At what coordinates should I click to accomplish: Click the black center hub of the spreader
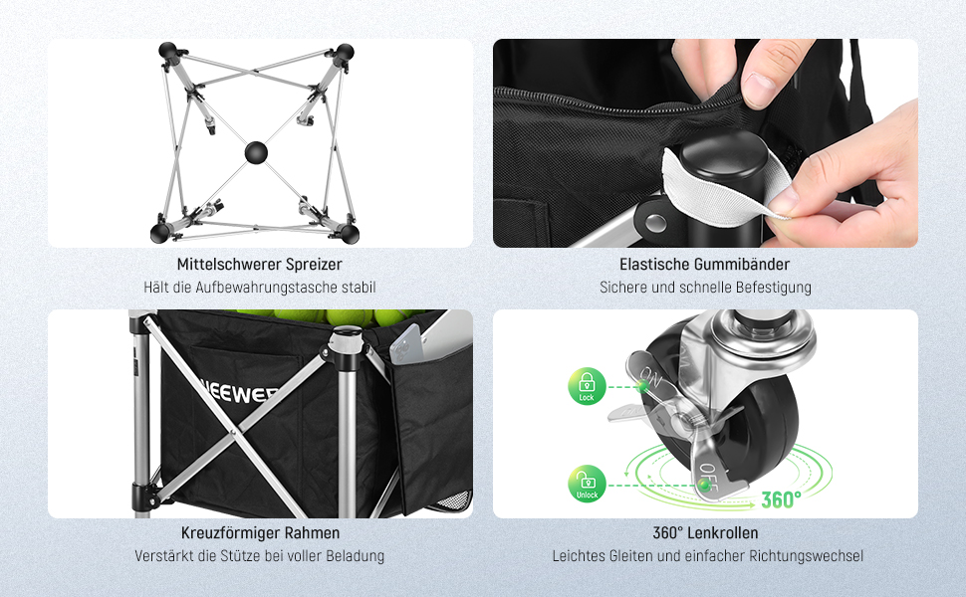pyautogui.click(x=256, y=152)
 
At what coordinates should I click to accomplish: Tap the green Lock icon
pyautogui.click(x=587, y=386)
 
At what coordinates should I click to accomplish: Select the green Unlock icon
pyautogui.click(x=587, y=484)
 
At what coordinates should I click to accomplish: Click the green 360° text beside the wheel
pyautogui.click(x=781, y=499)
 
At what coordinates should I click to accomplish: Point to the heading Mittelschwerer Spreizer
pyautogui.click(x=259, y=264)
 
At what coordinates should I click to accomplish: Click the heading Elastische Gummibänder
pyautogui.click(x=705, y=264)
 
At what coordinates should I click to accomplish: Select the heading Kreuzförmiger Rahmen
pyautogui.click(x=260, y=532)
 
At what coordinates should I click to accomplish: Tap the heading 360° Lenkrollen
pyautogui.click(x=705, y=532)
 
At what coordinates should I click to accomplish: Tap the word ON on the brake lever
pyautogui.click(x=652, y=376)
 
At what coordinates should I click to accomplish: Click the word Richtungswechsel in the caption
pyautogui.click(x=806, y=556)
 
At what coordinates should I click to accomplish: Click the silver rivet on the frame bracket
pyautogui.click(x=655, y=221)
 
